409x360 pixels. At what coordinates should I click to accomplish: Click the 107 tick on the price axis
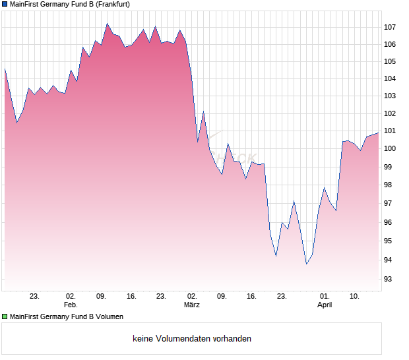point(390,27)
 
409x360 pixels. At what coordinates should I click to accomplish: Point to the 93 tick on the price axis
point(390,279)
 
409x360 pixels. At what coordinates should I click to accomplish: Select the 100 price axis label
point(390,148)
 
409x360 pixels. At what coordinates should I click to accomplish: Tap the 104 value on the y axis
point(390,78)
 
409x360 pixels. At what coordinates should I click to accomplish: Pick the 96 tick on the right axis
point(390,222)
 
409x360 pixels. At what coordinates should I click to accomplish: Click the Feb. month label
point(71,305)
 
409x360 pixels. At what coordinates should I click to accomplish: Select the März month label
point(191,305)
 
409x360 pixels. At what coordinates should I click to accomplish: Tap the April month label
point(325,305)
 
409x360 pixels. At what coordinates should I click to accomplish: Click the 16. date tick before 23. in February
point(131,297)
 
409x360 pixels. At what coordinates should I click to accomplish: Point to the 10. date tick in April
point(354,297)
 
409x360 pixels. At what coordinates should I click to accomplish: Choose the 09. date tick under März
point(222,297)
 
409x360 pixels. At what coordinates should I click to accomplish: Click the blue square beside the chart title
point(5,4)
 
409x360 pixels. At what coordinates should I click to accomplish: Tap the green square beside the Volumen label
point(5,317)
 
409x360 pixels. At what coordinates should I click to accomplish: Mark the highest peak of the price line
point(107,24)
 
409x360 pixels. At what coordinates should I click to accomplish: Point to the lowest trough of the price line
point(306,264)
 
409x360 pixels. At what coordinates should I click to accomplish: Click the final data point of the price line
point(379,133)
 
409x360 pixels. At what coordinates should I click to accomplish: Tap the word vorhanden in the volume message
point(229,339)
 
